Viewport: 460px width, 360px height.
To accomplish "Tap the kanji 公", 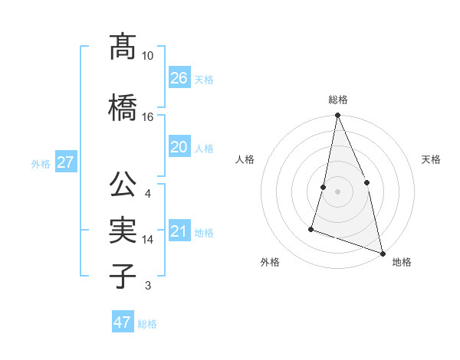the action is pyautogui.click(x=123, y=185).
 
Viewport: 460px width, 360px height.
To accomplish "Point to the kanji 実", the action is pyautogui.click(x=123, y=230).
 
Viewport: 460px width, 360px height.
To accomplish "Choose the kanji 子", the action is pyautogui.click(x=123, y=276).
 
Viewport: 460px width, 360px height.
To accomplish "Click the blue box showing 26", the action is pyautogui.click(x=179, y=78).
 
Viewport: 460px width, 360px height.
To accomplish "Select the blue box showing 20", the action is pyautogui.click(x=179, y=147).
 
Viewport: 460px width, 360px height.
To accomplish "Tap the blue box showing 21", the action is pyautogui.click(x=179, y=231).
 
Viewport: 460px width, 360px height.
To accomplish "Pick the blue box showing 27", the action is pyautogui.click(x=65, y=162).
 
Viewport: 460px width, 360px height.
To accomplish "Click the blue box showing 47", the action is pyautogui.click(x=123, y=322).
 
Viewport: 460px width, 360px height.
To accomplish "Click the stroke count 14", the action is pyautogui.click(x=148, y=240).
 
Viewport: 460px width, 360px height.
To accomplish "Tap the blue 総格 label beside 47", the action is pyautogui.click(x=147, y=324).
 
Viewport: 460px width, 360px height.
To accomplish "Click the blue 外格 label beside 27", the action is pyautogui.click(x=41, y=164).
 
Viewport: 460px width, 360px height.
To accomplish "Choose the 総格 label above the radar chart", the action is pyautogui.click(x=337, y=100).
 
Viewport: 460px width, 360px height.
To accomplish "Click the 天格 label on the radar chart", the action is pyautogui.click(x=432, y=159).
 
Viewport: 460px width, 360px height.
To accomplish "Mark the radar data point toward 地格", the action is pyautogui.click(x=382, y=253).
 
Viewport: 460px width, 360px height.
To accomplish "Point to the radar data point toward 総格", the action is pyautogui.click(x=337, y=116).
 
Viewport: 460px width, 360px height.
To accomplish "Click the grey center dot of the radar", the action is pyautogui.click(x=337, y=191).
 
